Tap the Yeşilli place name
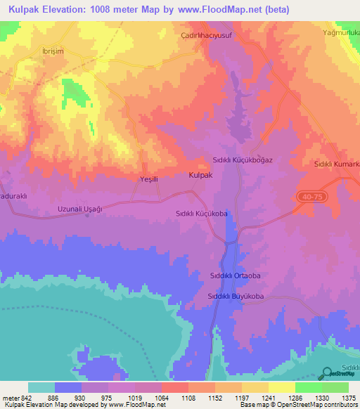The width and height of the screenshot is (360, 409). [x=148, y=179]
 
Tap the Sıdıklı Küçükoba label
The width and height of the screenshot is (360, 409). [x=202, y=211]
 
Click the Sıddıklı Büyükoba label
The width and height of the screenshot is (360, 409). [x=235, y=297]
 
